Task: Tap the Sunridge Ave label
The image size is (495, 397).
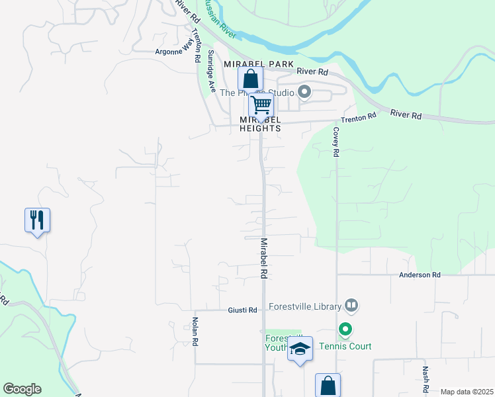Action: coord(212,70)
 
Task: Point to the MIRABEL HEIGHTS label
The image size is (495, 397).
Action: coord(261,124)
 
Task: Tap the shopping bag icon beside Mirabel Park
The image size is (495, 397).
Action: coord(250,79)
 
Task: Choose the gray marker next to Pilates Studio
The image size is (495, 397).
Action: coord(304,92)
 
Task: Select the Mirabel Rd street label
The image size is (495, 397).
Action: coord(263,258)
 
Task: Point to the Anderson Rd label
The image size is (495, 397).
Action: coord(419,275)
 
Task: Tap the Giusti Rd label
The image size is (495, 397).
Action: coord(242,310)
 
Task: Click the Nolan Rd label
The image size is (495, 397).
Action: coord(195,332)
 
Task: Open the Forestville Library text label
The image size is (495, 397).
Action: coord(304,306)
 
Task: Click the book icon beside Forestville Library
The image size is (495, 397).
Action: coord(351,306)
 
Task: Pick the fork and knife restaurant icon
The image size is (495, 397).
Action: coord(38,219)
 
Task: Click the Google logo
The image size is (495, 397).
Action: coord(22,389)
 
